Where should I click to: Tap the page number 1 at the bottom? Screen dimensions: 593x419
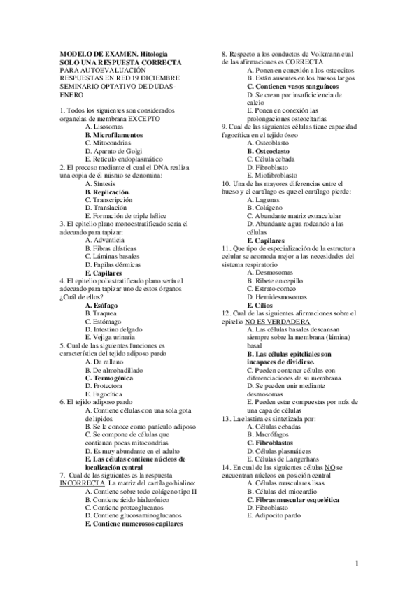point(357,564)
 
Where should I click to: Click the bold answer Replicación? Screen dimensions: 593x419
point(107,191)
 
